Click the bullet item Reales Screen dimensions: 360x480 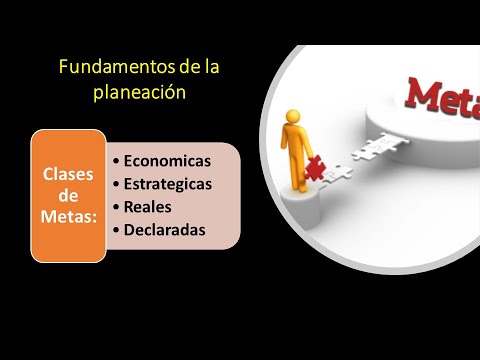click(x=148, y=207)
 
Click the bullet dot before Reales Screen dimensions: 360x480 click(x=117, y=208)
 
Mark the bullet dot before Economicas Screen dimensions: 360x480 click(x=117, y=161)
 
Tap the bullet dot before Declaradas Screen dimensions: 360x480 click(x=117, y=231)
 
